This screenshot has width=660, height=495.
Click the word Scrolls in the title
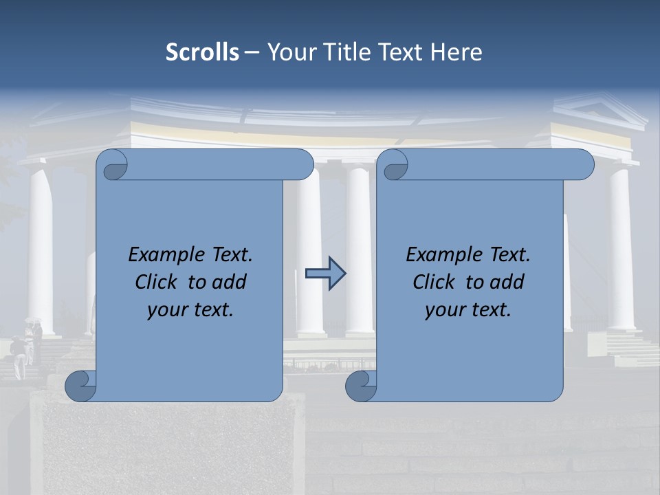click(202, 52)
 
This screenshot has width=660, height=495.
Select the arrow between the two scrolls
click(325, 274)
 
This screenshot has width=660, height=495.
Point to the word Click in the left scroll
click(158, 282)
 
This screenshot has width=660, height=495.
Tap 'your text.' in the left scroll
click(190, 310)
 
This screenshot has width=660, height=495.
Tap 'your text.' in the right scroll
click(468, 310)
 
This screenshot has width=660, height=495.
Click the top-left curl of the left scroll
click(113, 165)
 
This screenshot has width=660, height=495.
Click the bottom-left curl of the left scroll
click(81, 386)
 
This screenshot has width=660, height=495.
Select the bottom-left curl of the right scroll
click(361, 386)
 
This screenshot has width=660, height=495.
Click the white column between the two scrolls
click(358, 254)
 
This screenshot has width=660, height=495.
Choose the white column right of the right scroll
click(621, 247)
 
